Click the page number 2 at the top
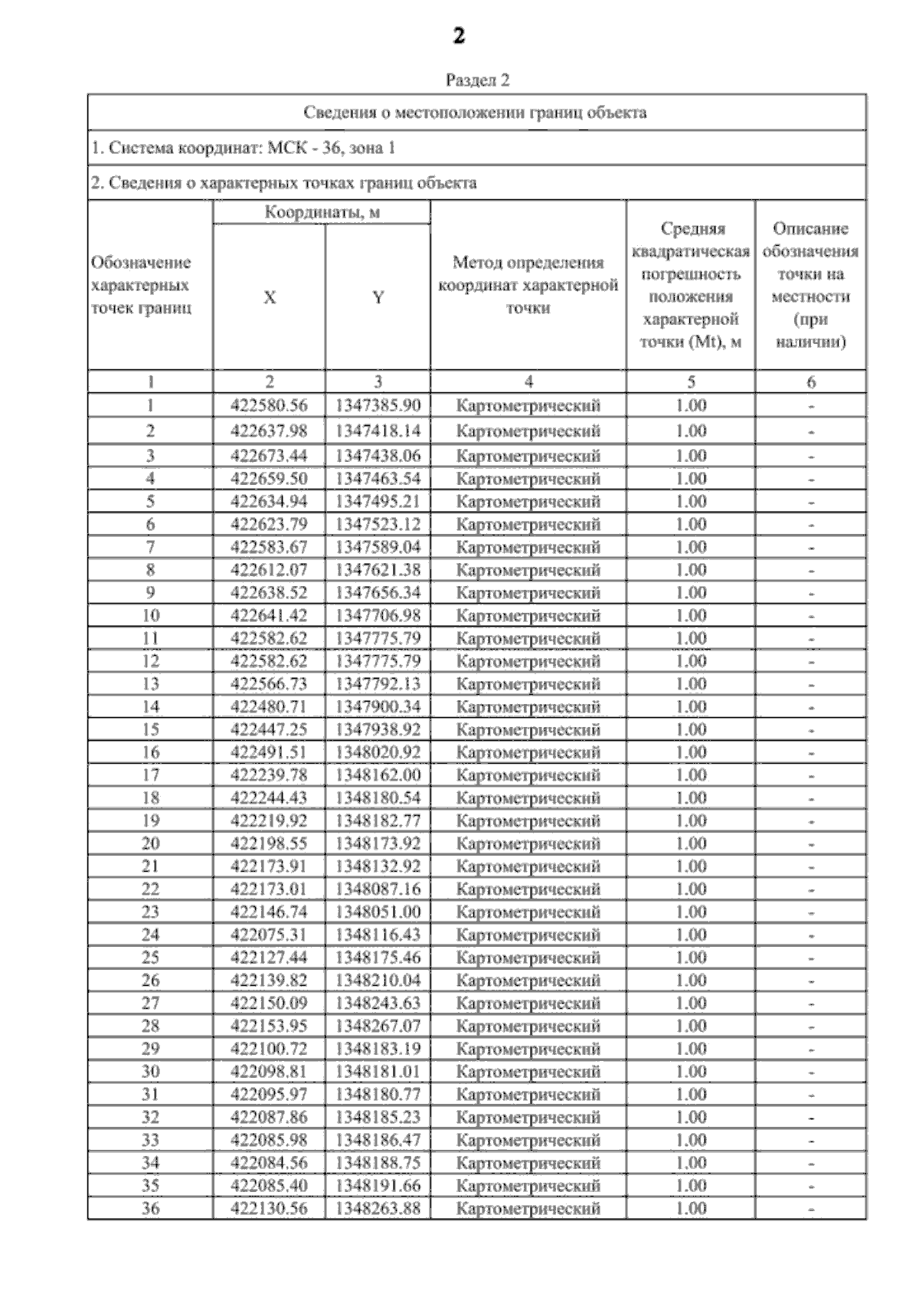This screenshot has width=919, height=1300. (x=459, y=36)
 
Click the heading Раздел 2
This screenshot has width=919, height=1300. (x=477, y=80)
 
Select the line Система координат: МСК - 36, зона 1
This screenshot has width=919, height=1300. (x=244, y=148)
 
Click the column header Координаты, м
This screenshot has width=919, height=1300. (x=322, y=212)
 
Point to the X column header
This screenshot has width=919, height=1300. (x=270, y=298)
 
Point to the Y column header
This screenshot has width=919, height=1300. (x=378, y=298)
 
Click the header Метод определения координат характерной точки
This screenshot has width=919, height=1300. (x=528, y=285)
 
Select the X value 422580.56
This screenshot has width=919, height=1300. (x=269, y=405)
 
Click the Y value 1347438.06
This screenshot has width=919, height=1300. (x=378, y=456)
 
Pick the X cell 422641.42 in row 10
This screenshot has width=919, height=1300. (x=269, y=615)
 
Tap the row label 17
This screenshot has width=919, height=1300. (x=151, y=775)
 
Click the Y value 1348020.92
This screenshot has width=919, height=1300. (x=378, y=752)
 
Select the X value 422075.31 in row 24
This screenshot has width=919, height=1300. (x=269, y=935)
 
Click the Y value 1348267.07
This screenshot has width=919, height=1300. (x=378, y=1026)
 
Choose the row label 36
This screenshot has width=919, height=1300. (x=151, y=1209)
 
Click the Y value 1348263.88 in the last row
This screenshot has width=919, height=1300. (x=378, y=1209)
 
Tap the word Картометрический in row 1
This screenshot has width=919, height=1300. (x=528, y=406)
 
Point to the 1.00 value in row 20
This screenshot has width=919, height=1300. (x=691, y=843)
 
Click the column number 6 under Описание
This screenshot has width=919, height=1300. (x=811, y=381)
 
